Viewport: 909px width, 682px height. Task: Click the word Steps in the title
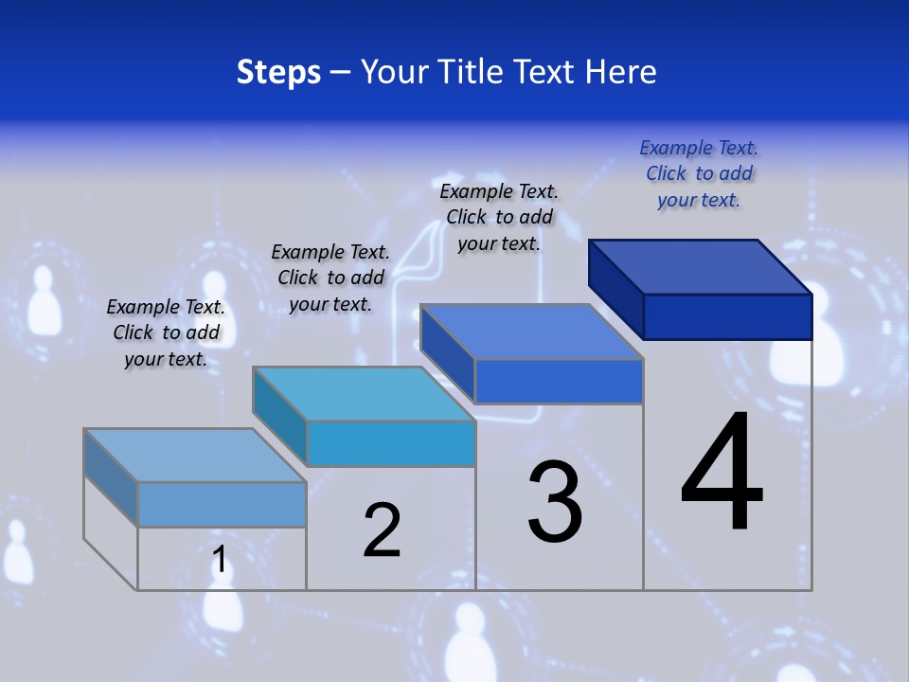tap(278, 72)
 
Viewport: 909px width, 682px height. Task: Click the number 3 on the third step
tap(555, 502)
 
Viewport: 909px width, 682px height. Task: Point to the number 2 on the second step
tap(382, 529)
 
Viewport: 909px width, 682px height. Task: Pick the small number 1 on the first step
tap(220, 560)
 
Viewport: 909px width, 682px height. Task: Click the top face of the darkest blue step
tap(701, 266)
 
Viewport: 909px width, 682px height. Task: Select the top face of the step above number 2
tap(364, 394)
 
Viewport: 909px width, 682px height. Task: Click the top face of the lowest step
tap(195, 456)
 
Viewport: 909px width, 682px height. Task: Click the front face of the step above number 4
tap(727, 316)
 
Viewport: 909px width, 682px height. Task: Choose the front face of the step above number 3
tap(559, 381)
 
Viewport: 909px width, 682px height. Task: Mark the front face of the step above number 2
tap(390, 443)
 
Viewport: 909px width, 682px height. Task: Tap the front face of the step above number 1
tap(222, 504)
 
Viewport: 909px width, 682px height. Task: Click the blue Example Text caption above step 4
tap(699, 173)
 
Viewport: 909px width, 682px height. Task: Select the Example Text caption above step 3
tap(499, 217)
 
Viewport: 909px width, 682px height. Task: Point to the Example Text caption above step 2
tap(330, 278)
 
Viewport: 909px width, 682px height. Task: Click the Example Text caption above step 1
tap(166, 332)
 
